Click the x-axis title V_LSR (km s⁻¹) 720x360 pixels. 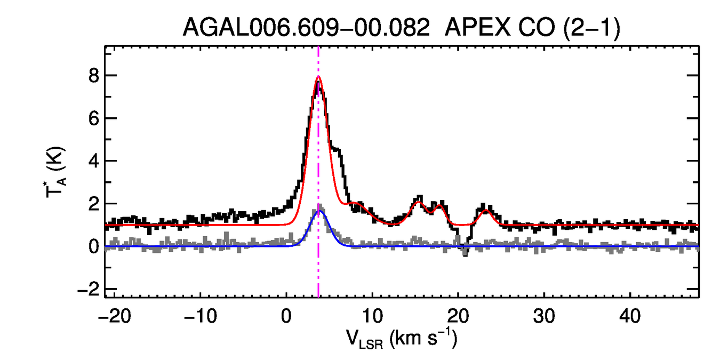401,339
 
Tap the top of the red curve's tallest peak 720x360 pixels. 318,76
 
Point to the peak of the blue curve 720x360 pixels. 319,211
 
